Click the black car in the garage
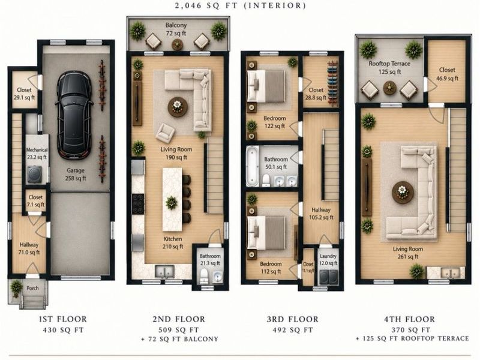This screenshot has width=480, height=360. click(x=74, y=115)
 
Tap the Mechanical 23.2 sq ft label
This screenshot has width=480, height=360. click(x=37, y=154)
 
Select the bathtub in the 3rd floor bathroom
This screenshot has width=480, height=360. click(x=253, y=166)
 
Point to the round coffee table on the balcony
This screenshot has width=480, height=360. click(x=178, y=44)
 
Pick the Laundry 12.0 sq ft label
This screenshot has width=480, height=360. click(x=328, y=259)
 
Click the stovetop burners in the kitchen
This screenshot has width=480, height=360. click(x=138, y=204)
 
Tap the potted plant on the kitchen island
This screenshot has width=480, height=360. click(x=172, y=203)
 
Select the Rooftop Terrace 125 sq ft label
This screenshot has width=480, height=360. click(x=389, y=68)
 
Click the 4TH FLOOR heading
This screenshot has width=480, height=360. click(x=409, y=319)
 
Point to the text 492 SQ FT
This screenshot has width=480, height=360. click(x=293, y=330)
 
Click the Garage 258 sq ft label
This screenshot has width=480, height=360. click(x=76, y=174)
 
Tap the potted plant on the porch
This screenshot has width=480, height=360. click(x=16, y=288)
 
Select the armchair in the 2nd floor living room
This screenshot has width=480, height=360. click(x=165, y=133)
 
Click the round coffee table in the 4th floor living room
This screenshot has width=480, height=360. click(x=403, y=192)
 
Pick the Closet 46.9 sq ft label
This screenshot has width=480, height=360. click(x=447, y=74)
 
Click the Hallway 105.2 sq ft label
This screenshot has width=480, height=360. click(x=321, y=214)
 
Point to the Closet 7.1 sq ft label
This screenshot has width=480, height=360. click(x=35, y=201)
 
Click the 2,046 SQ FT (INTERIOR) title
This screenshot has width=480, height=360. click(x=241, y=5)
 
